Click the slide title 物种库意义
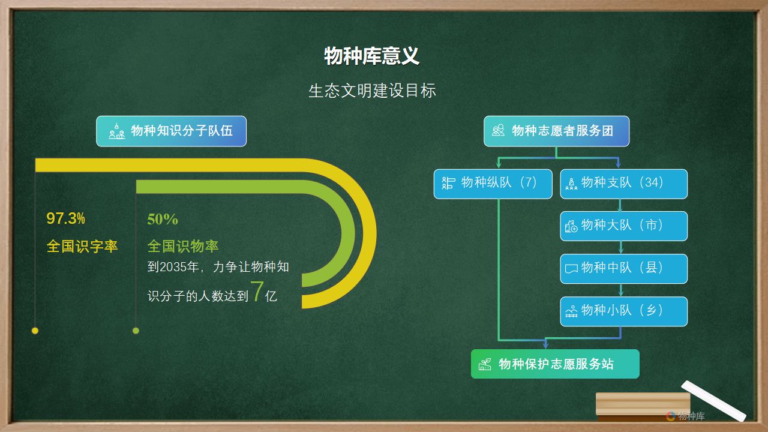pyautogui.click(x=371, y=56)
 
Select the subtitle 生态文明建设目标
pyautogui.click(x=373, y=91)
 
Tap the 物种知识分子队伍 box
pyautogui.click(x=171, y=131)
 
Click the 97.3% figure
pyautogui.click(x=66, y=218)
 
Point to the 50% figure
pyautogui.click(x=163, y=220)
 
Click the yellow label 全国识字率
pyautogui.click(x=82, y=246)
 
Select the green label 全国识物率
pyautogui.click(x=183, y=246)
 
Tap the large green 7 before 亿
pyautogui.click(x=257, y=292)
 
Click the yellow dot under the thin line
pyautogui.click(x=35, y=331)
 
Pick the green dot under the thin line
pyautogui.click(x=136, y=331)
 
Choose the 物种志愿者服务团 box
pyautogui.click(x=556, y=131)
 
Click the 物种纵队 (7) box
pyautogui.click(x=493, y=184)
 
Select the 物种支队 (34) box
pyautogui.click(x=623, y=184)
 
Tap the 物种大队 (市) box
pyautogui.click(x=623, y=226)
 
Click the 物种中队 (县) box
pyautogui.click(x=623, y=269)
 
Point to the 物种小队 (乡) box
pyautogui.click(x=623, y=311)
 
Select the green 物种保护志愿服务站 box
pyautogui.click(x=555, y=364)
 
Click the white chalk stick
pyautogui.click(x=714, y=400)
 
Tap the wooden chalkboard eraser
pyautogui.click(x=643, y=407)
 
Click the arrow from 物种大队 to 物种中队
pyautogui.click(x=620, y=248)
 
